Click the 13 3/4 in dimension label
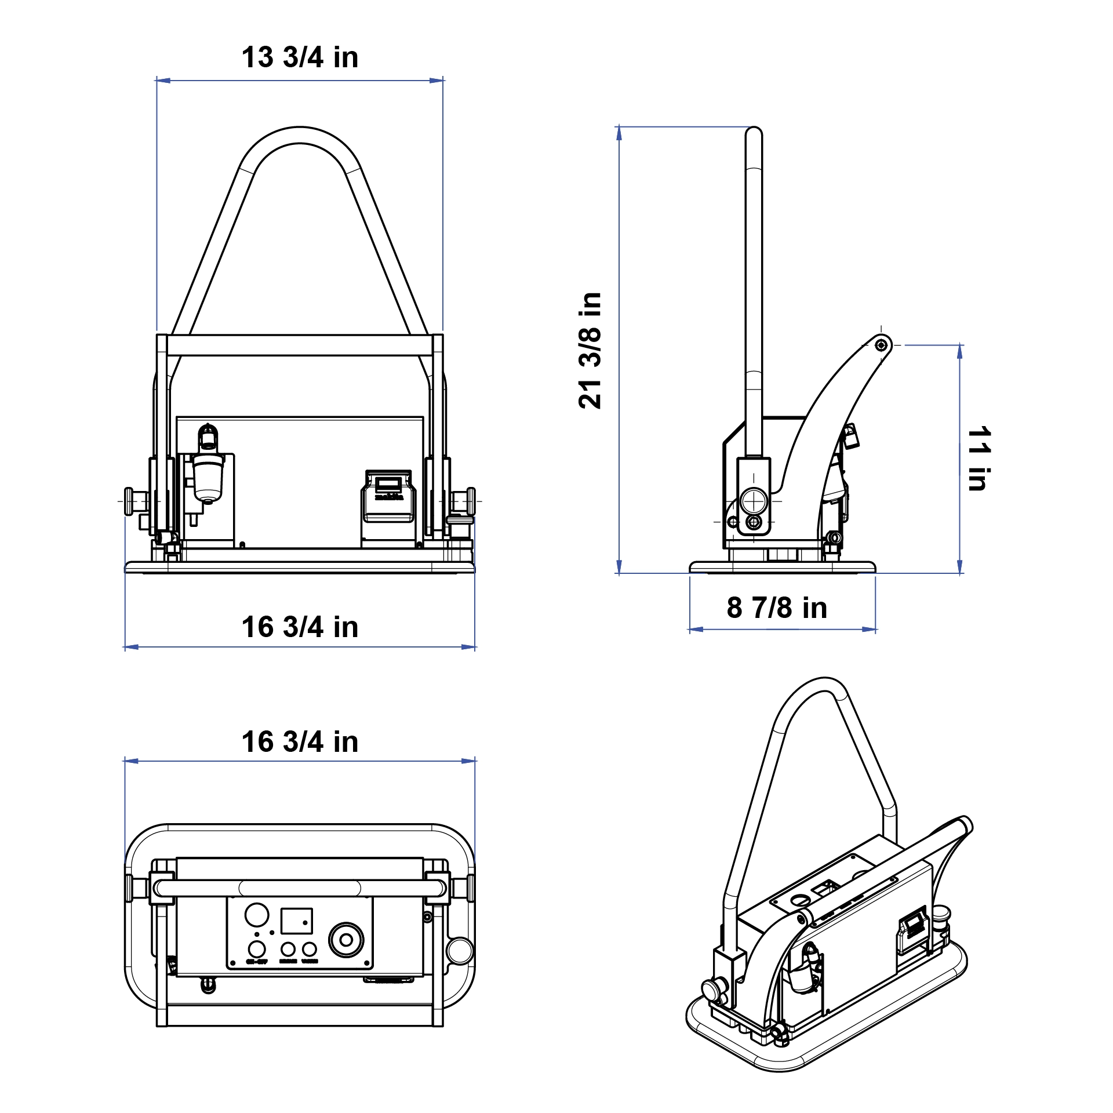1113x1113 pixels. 300,57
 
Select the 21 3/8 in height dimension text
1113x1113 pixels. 590,351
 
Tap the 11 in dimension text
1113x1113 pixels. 979,459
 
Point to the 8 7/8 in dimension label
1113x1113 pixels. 777,608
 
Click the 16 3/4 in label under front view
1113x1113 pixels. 300,627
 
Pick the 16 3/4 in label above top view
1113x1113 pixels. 300,742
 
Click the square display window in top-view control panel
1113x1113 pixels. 296,921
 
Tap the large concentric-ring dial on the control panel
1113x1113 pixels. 346,940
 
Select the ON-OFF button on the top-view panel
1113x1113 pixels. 257,949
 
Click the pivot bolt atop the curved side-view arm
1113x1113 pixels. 881,345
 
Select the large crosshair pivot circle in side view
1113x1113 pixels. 754,501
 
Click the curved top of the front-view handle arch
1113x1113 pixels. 300,135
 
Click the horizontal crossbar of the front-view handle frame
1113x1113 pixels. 300,345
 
